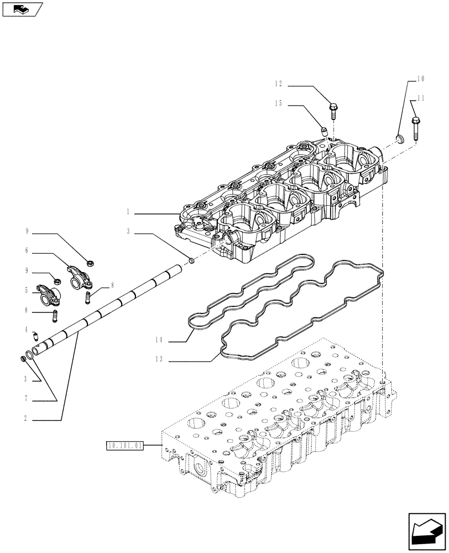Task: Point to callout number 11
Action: [421, 98]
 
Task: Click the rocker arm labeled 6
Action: [75, 275]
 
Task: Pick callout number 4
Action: [27, 330]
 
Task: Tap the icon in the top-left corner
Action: [22, 8]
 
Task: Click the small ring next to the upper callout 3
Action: [191, 259]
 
